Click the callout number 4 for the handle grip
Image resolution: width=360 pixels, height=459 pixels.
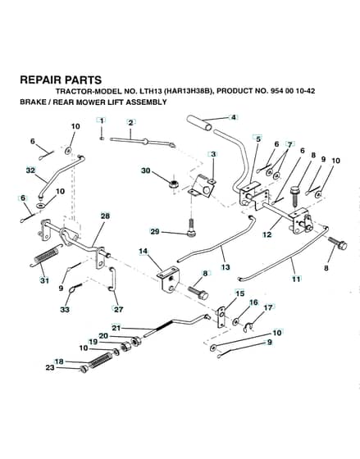point(233,117)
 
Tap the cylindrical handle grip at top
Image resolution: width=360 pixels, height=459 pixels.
point(200,124)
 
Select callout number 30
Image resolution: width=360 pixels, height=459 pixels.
point(146,170)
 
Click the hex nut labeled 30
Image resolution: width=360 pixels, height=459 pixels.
point(175,184)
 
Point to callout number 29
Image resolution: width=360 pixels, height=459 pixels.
point(155,231)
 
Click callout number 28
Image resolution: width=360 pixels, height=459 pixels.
point(105,216)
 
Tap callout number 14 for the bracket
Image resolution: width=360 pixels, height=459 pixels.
point(144,251)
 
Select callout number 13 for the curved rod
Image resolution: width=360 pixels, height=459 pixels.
point(226,267)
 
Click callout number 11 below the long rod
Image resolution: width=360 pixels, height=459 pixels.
point(296,279)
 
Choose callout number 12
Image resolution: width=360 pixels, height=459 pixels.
point(267,234)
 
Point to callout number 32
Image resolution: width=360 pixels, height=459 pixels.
point(30,170)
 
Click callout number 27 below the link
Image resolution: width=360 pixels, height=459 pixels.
point(118,309)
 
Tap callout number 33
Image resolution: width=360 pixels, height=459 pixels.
point(65,309)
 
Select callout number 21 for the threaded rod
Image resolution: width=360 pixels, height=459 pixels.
point(116,328)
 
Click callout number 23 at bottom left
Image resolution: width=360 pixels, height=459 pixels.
point(50,367)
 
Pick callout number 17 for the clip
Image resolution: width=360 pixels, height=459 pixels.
point(268,307)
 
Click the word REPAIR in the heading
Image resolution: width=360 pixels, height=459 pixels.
point(39,80)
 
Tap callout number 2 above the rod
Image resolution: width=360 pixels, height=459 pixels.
point(130,123)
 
